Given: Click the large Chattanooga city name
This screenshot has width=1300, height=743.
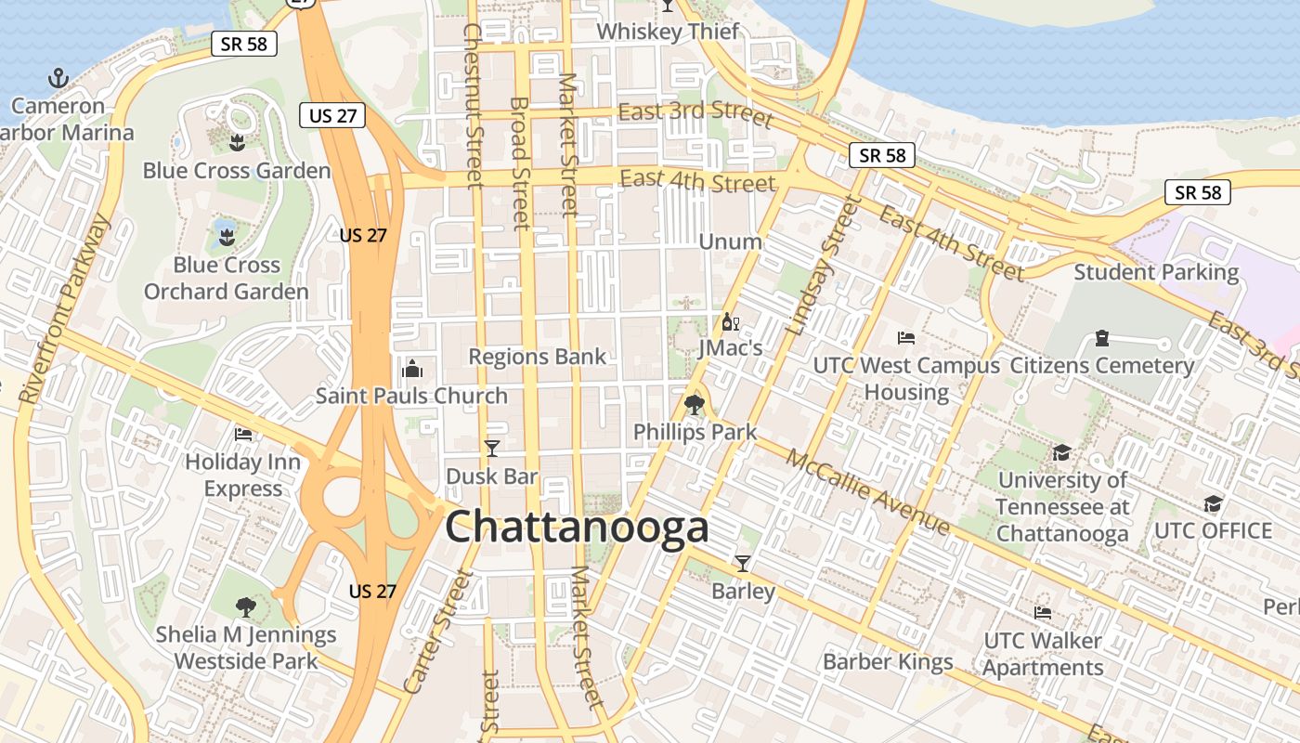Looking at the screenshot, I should pos(577,528).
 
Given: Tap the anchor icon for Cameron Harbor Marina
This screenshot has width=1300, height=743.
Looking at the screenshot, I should pos(58,78).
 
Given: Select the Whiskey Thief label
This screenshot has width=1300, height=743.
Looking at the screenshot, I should pos(668,32).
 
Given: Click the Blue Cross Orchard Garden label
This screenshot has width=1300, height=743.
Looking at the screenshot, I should pos(226,278).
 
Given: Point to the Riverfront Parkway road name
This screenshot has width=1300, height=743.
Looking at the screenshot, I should pos(63,310).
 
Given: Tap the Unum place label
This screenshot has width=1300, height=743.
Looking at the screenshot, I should pos(730,241).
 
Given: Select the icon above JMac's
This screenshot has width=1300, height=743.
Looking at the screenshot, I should pos(730,322).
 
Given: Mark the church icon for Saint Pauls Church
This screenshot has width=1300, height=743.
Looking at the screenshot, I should pos(412,369).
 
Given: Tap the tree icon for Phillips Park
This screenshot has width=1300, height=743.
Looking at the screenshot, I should pos(694,405).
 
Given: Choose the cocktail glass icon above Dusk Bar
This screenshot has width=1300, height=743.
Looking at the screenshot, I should pos(492,449).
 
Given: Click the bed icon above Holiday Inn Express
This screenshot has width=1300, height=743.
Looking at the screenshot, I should pos(243,434).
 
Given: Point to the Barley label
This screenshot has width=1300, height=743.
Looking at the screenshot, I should pos(743,591).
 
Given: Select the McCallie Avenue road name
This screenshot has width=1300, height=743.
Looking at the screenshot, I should pos(868,492).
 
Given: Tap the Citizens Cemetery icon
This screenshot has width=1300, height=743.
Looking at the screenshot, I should pos(1101,337).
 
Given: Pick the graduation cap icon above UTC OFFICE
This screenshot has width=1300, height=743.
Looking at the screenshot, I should pos(1213,503).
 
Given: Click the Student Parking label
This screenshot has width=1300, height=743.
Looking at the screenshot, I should pos(1156,272).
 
